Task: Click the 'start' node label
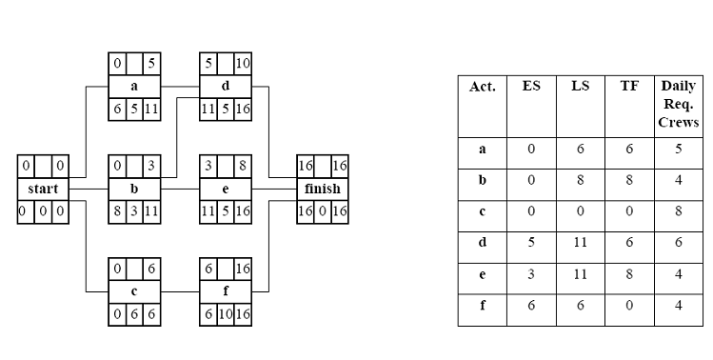43,189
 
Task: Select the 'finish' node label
321,189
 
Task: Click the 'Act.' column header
482,86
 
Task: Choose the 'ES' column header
531,86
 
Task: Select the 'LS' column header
580,86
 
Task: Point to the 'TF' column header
629,86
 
